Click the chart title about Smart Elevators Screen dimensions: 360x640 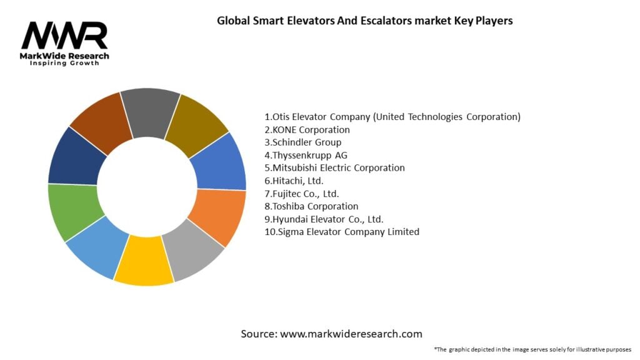click(364, 21)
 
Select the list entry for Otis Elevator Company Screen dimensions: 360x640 click(392, 117)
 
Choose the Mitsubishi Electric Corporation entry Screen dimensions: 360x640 click(334, 168)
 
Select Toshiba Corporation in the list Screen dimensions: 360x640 click(311, 206)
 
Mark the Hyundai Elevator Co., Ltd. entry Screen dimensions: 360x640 click(324, 219)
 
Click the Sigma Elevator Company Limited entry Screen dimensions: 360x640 click(342, 232)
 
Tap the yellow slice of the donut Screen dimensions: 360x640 click(143, 261)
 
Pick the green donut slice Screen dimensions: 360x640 click(74, 211)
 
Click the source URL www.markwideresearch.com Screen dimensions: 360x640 click(331, 334)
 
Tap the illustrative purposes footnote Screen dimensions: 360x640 click(532, 349)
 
